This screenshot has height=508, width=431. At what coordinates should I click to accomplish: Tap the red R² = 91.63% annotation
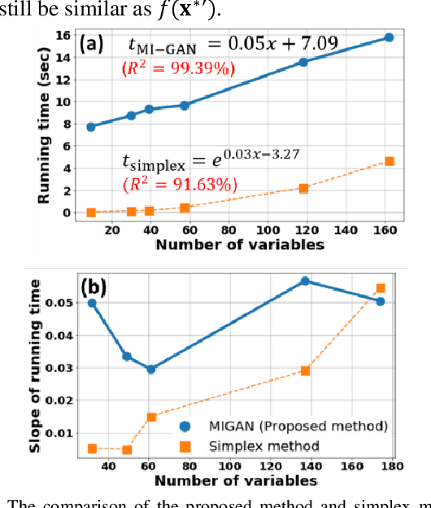click(x=172, y=184)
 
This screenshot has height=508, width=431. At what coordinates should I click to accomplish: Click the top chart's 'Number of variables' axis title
click(x=240, y=244)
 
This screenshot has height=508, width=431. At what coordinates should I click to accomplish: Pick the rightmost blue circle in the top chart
click(x=389, y=37)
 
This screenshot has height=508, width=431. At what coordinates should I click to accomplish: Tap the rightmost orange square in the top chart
click(x=390, y=161)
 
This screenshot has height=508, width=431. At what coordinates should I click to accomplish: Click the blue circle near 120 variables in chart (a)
click(x=303, y=62)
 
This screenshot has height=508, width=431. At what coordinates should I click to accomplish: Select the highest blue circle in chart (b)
click(x=305, y=281)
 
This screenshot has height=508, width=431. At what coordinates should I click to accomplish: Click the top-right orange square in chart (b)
click(x=380, y=288)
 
